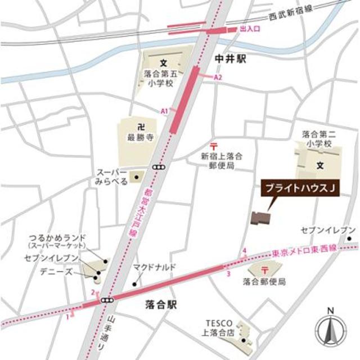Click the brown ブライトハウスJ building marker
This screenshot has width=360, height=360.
pos(260,218)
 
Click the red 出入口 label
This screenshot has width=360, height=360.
pos(249,27)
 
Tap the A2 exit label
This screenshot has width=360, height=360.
pos(219,77)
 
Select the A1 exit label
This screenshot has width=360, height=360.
pos(165,111)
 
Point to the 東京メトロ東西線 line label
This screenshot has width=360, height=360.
pos(307,249)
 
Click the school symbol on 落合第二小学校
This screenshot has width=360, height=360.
pos(319,165)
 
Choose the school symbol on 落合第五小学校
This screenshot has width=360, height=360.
pos(164,61)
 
